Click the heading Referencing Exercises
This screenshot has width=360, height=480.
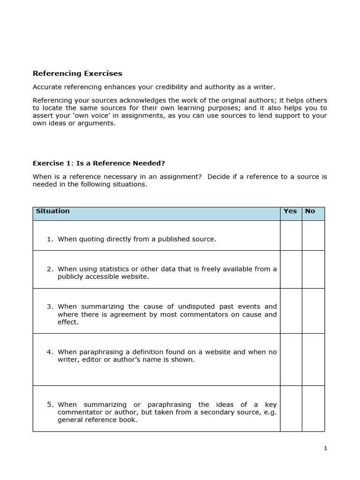click(77, 73)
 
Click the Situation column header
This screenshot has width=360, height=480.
click(52, 211)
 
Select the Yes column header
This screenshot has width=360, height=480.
click(290, 211)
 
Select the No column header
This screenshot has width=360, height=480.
click(310, 211)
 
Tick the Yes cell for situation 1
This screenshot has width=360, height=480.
click(291, 235)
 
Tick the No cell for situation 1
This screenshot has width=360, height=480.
click(313, 235)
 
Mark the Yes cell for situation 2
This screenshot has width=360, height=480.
click(291, 270)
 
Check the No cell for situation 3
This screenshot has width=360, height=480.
click(313, 311)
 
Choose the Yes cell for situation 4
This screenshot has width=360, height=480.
click(291, 360)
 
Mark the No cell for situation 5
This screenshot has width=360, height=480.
click(313, 408)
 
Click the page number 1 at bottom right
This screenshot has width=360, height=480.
click(325, 448)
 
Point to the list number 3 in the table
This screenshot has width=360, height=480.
click(50, 307)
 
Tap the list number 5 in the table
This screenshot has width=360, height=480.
click(50, 405)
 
